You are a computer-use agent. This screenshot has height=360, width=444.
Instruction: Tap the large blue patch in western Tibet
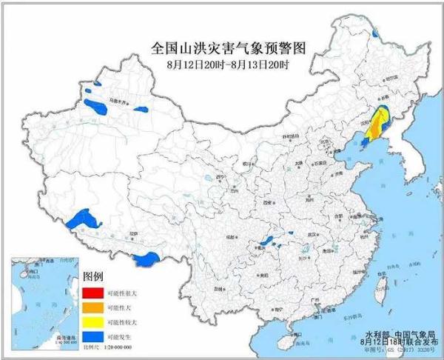(x=82, y=219)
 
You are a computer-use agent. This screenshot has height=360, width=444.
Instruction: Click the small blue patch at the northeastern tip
(x=375, y=33)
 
